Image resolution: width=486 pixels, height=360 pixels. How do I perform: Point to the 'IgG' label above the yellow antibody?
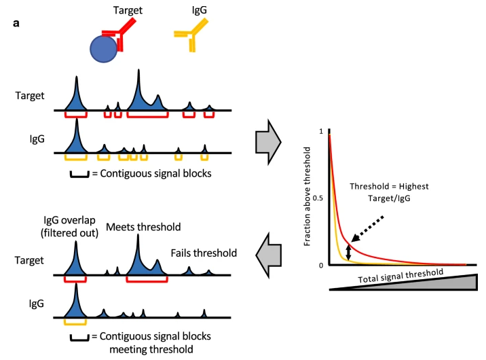coord(190,10)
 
